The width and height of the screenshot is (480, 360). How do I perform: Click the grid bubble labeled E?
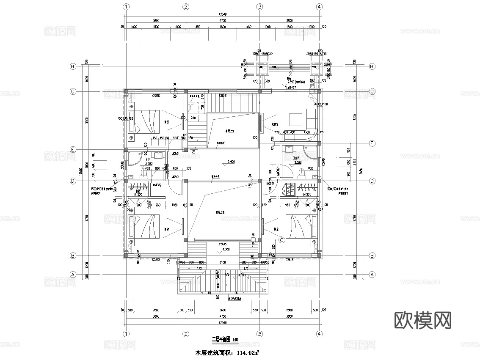click(x=73, y=150)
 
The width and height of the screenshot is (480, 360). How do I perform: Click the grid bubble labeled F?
click(x=372, y=143)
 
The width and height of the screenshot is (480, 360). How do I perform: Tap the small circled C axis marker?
click(x=282, y=240)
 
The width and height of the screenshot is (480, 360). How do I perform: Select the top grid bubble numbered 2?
click(x=185, y=6)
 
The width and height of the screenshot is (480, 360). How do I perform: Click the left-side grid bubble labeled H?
click(x=73, y=66)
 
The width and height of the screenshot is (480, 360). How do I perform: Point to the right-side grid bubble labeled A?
click(x=372, y=274)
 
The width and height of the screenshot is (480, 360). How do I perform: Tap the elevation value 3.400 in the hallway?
click(x=231, y=162)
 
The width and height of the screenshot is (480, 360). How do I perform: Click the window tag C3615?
click(x=223, y=244)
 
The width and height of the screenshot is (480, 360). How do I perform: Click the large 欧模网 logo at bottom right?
click(x=422, y=320)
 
